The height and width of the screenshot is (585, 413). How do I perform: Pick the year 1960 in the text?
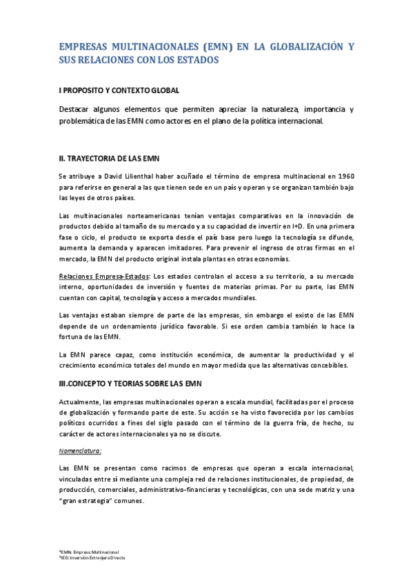(x=345, y=177)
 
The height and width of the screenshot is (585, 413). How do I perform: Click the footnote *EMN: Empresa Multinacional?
(x=89, y=553)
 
